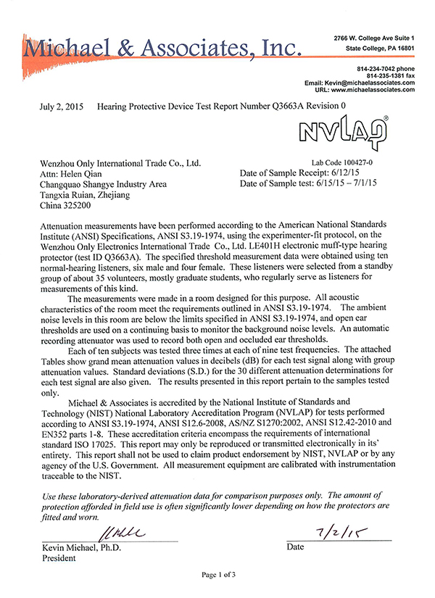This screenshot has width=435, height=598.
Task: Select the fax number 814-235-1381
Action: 381,75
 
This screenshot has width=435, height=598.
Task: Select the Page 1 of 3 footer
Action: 218,574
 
